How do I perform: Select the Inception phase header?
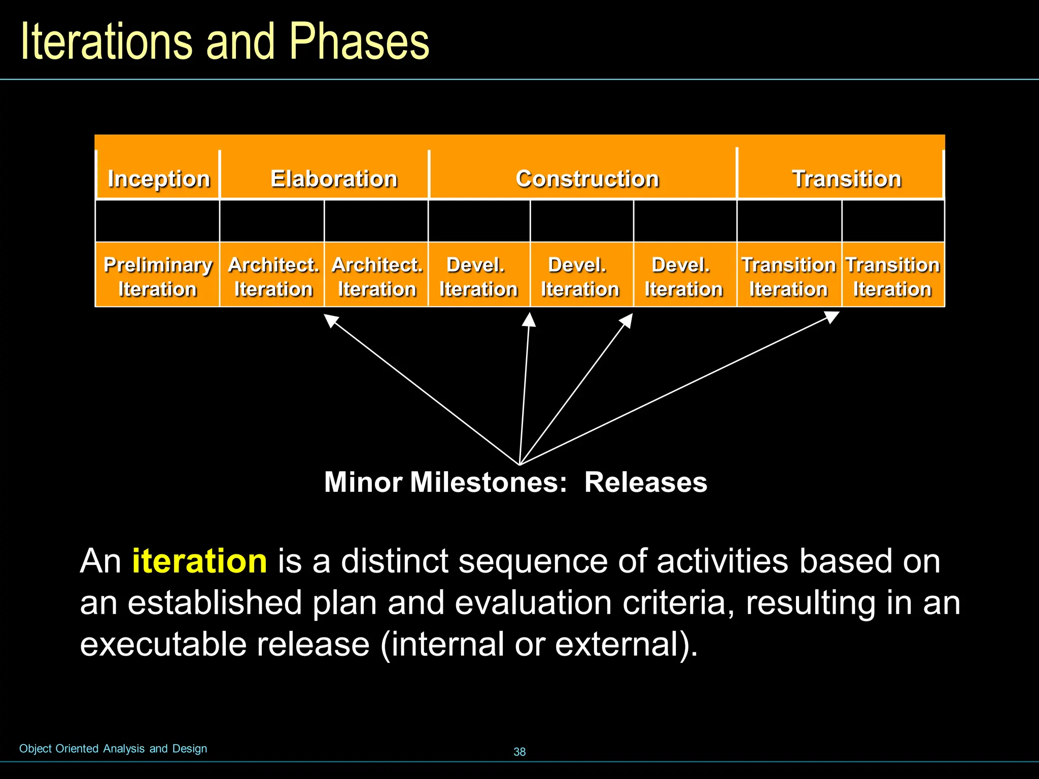[158, 179]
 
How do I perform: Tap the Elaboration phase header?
[333, 179]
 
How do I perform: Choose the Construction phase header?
[587, 179]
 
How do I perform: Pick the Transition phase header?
[846, 179]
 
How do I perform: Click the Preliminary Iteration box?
[158, 276]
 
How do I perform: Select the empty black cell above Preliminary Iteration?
[158, 221]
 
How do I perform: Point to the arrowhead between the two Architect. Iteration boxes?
[331, 320]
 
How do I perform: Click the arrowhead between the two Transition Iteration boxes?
[832, 317]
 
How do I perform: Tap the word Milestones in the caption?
[488, 482]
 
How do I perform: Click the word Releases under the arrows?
[645, 482]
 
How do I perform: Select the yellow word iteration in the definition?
[199, 561]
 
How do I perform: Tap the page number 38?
[519, 752]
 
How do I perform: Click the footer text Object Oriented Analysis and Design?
[113, 749]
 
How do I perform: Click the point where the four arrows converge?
[519, 464]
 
